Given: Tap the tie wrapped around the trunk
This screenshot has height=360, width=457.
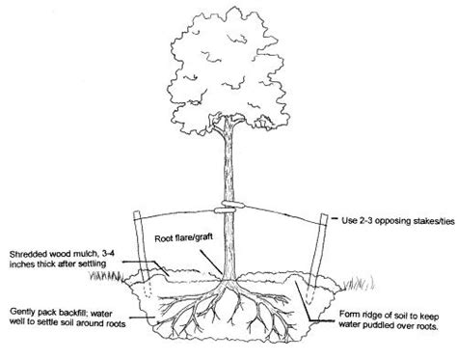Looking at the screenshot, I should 228,208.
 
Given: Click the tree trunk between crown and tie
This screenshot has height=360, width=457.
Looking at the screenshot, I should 228,164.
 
